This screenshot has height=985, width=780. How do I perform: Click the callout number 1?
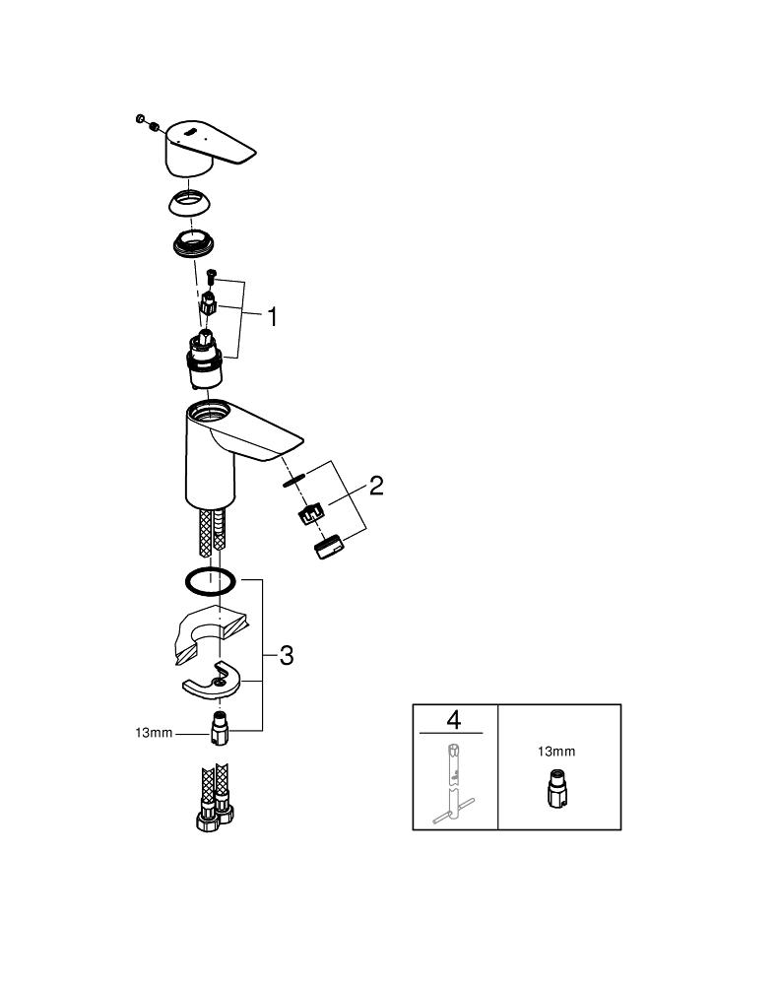click(272, 316)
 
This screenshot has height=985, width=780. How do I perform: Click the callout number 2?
click(376, 485)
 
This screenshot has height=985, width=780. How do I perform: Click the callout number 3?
click(287, 656)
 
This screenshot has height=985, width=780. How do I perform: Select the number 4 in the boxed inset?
click(453, 719)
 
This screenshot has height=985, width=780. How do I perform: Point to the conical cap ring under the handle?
click(189, 204)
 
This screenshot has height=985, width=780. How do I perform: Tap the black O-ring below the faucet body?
click(211, 581)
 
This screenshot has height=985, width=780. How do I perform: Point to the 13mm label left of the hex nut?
click(154, 733)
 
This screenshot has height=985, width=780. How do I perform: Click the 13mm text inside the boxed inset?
click(556, 752)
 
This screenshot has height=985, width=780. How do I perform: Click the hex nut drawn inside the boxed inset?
click(555, 787)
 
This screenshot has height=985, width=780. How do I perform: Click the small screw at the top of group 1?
click(211, 274)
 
